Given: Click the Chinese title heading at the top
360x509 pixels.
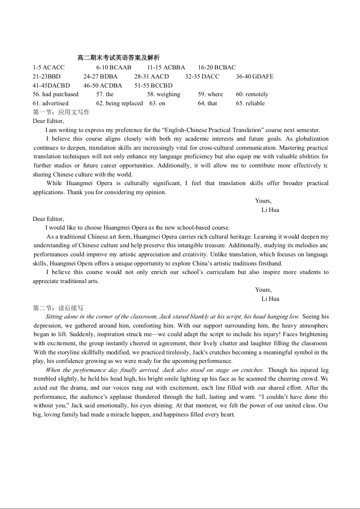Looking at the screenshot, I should [118, 58].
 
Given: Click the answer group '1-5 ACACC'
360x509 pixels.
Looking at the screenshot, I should [49, 68].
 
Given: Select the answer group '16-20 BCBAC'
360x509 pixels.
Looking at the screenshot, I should [217, 68].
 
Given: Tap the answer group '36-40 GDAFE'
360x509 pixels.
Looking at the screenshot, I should [255, 77].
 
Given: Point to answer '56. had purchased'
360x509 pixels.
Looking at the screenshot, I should [55, 94].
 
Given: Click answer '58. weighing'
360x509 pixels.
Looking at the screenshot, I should [163, 94].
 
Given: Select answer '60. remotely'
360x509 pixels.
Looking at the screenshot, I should [252, 94].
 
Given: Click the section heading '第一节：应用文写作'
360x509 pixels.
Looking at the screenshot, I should [61, 112].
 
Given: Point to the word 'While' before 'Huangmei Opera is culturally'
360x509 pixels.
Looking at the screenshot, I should [54, 183].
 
